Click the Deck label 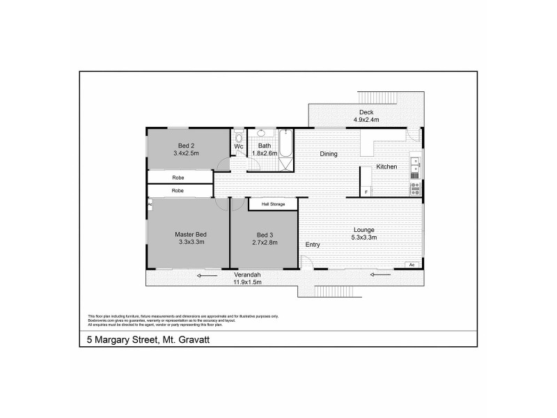coord(366,112)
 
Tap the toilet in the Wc coord(239,134)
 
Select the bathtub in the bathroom coord(285,150)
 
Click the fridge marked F coord(365,191)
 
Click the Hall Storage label coord(273,204)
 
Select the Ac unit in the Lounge coord(412,265)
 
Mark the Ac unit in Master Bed coord(150,204)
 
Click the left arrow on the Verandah coord(207,276)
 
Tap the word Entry coord(313,245)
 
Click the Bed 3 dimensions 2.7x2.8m coord(265,242)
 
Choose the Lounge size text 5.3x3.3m coord(364,238)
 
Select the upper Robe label coord(178,178)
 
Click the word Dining coord(329,154)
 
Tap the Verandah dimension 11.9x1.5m coord(247,283)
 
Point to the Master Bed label coord(191,234)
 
